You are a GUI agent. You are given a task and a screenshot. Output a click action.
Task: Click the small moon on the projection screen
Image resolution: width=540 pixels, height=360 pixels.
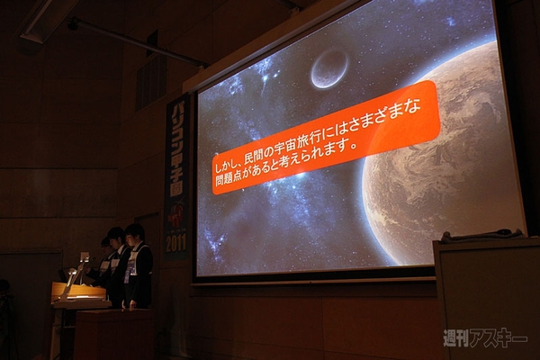tap(328, 67)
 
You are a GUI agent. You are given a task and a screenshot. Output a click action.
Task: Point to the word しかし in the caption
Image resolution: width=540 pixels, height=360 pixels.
tap(229, 165)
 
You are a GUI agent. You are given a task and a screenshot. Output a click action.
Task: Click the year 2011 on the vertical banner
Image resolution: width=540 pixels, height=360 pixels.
tap(175, 243)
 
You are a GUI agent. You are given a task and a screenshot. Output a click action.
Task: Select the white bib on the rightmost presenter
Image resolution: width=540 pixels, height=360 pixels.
tap(133, 262)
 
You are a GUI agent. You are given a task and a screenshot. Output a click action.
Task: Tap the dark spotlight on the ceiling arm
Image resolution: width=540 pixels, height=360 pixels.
tap(73, 23)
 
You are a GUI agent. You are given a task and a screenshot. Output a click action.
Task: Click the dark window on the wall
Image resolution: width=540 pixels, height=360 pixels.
tap(151, 76)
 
